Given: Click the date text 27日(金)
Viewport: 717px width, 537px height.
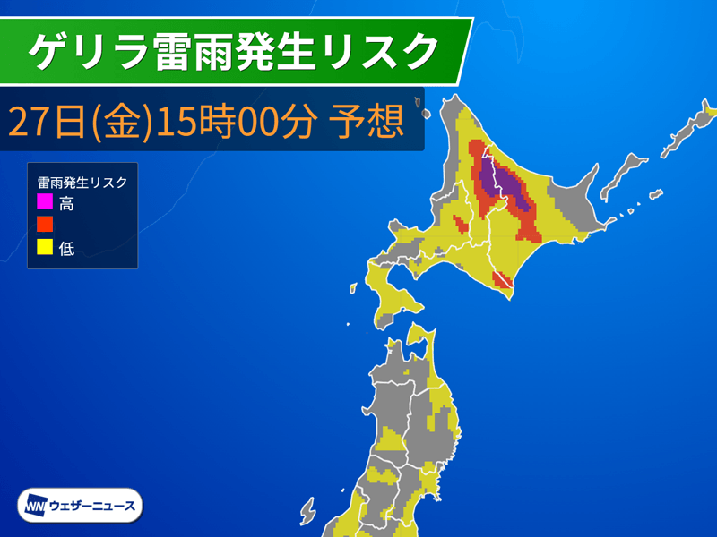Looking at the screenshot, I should [x=77, y=120].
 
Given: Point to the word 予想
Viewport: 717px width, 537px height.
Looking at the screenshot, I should [x=368, y=120].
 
